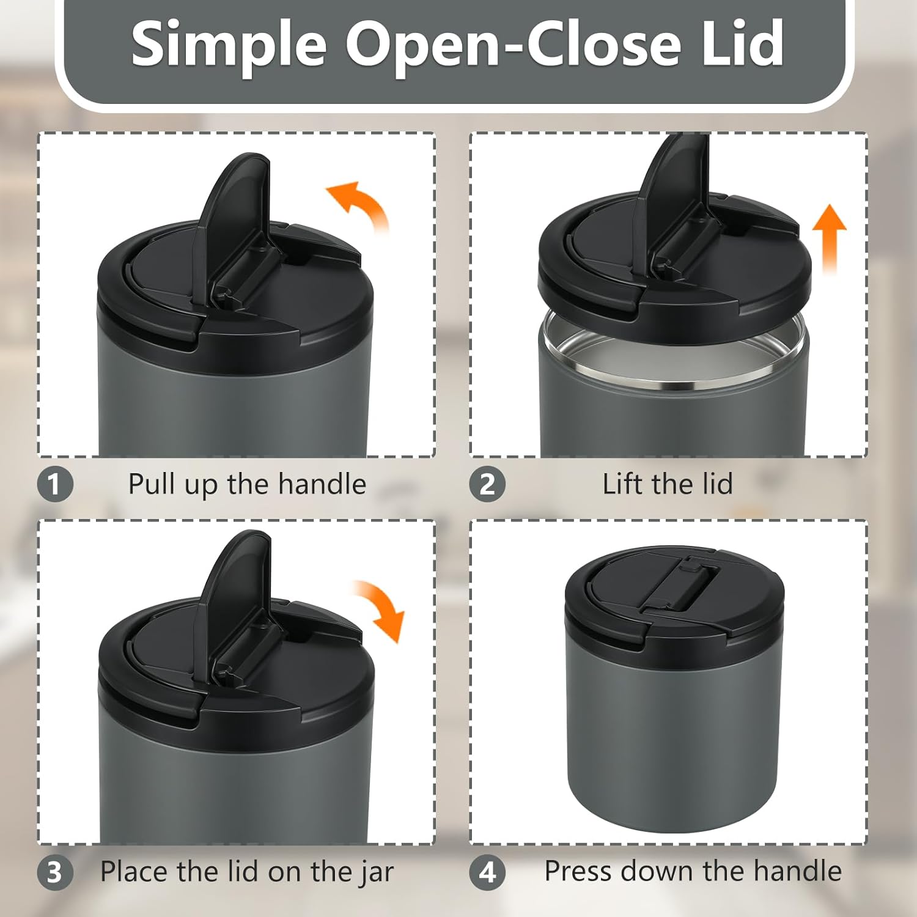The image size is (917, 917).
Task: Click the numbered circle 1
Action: pyautogui.click(x=55, y=485)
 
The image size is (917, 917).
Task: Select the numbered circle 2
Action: pyautogui.click(x=487, y=485)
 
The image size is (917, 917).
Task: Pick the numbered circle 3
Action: pyautogui.click(x=55, y=872)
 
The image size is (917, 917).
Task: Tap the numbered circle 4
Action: pyautogui.click(x=487, y=872)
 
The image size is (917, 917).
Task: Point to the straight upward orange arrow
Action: pyautogui.click(x=829, y=238)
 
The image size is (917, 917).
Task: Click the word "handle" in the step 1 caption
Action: pyautogui.click(x=322, y=484)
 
